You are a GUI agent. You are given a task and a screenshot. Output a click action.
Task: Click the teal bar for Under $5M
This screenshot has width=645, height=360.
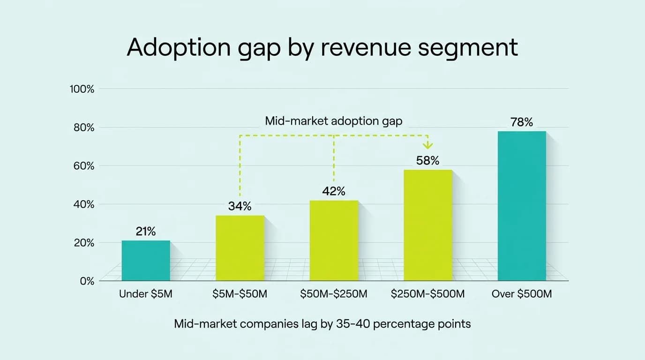(x=146, y=261)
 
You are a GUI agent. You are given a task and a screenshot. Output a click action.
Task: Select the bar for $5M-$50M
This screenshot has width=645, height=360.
(x=240, y=248)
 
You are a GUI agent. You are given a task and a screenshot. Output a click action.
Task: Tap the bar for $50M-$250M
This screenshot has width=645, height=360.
(x=334, y=240)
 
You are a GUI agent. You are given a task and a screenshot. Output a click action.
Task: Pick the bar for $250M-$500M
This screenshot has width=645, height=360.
(x=428, y=225)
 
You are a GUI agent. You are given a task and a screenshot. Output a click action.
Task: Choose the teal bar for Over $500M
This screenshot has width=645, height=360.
(x=522, y=206)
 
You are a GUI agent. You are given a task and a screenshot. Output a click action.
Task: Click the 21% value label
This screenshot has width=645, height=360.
(x=146, y=231)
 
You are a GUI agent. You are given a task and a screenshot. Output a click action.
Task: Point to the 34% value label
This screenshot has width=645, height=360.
(x=240, y=206)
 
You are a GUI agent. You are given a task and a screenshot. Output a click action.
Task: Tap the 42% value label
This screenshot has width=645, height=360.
(x=334, y=191)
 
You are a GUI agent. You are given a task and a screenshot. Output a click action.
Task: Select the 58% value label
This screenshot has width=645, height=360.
(x=427, y=161)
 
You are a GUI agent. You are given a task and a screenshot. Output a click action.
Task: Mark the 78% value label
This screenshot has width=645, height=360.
(x=522, y=122)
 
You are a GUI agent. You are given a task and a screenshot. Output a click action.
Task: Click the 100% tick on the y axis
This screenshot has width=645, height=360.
(x=82, y=89)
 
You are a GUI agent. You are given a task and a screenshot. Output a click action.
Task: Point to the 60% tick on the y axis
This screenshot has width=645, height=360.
(x=84, y=166)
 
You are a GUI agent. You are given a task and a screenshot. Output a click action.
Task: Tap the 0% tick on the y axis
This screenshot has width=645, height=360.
(x=86, y=281)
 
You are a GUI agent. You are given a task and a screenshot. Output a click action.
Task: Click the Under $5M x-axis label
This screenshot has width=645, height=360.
(x=146, y=294)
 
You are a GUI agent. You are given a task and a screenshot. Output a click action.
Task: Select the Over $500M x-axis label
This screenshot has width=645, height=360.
(x=522, y=294)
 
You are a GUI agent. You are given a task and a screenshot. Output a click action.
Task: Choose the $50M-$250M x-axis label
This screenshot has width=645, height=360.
(x=334, y=294)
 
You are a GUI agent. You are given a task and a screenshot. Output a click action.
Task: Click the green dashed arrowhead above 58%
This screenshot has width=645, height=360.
(x=427, y=146)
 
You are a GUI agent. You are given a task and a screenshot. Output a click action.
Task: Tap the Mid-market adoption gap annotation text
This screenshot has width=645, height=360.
(x=333, y=121)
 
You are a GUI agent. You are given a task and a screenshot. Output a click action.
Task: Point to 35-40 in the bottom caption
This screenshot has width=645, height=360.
(x=357, y=324)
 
